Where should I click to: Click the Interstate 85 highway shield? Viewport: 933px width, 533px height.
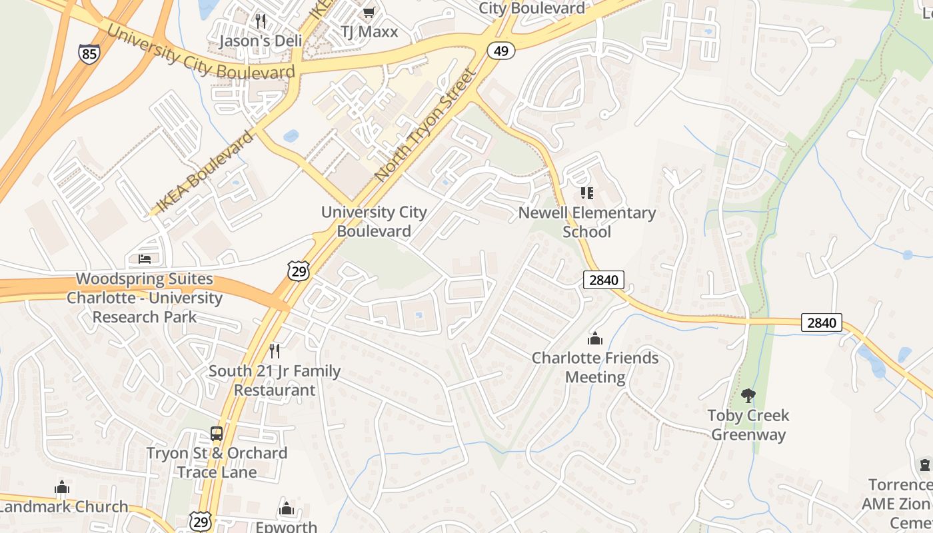89,53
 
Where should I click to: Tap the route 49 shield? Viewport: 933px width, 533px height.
500,50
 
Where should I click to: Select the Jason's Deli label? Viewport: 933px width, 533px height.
261,41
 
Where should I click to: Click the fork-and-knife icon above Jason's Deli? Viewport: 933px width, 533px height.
261,21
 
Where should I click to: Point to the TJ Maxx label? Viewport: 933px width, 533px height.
369,31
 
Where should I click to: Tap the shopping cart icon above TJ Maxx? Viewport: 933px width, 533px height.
369,12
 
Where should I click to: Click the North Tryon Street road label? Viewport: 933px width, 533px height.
426,124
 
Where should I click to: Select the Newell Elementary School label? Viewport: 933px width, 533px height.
587,222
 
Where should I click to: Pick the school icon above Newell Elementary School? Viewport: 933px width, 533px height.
587,193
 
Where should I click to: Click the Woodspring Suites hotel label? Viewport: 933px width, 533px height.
144,298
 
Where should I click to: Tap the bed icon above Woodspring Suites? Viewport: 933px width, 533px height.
145,259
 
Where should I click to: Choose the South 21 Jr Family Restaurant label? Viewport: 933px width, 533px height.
275,380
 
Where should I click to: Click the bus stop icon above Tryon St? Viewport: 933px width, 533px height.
217,434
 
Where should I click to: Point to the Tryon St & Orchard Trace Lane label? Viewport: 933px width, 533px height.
217,462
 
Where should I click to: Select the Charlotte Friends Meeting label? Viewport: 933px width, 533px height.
595,367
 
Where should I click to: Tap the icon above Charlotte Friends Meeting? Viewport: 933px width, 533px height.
595,338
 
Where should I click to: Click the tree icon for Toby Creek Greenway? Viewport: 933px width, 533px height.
748,396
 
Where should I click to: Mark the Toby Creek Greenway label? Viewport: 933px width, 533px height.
748,425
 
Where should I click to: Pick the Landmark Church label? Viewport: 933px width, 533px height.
63,506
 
